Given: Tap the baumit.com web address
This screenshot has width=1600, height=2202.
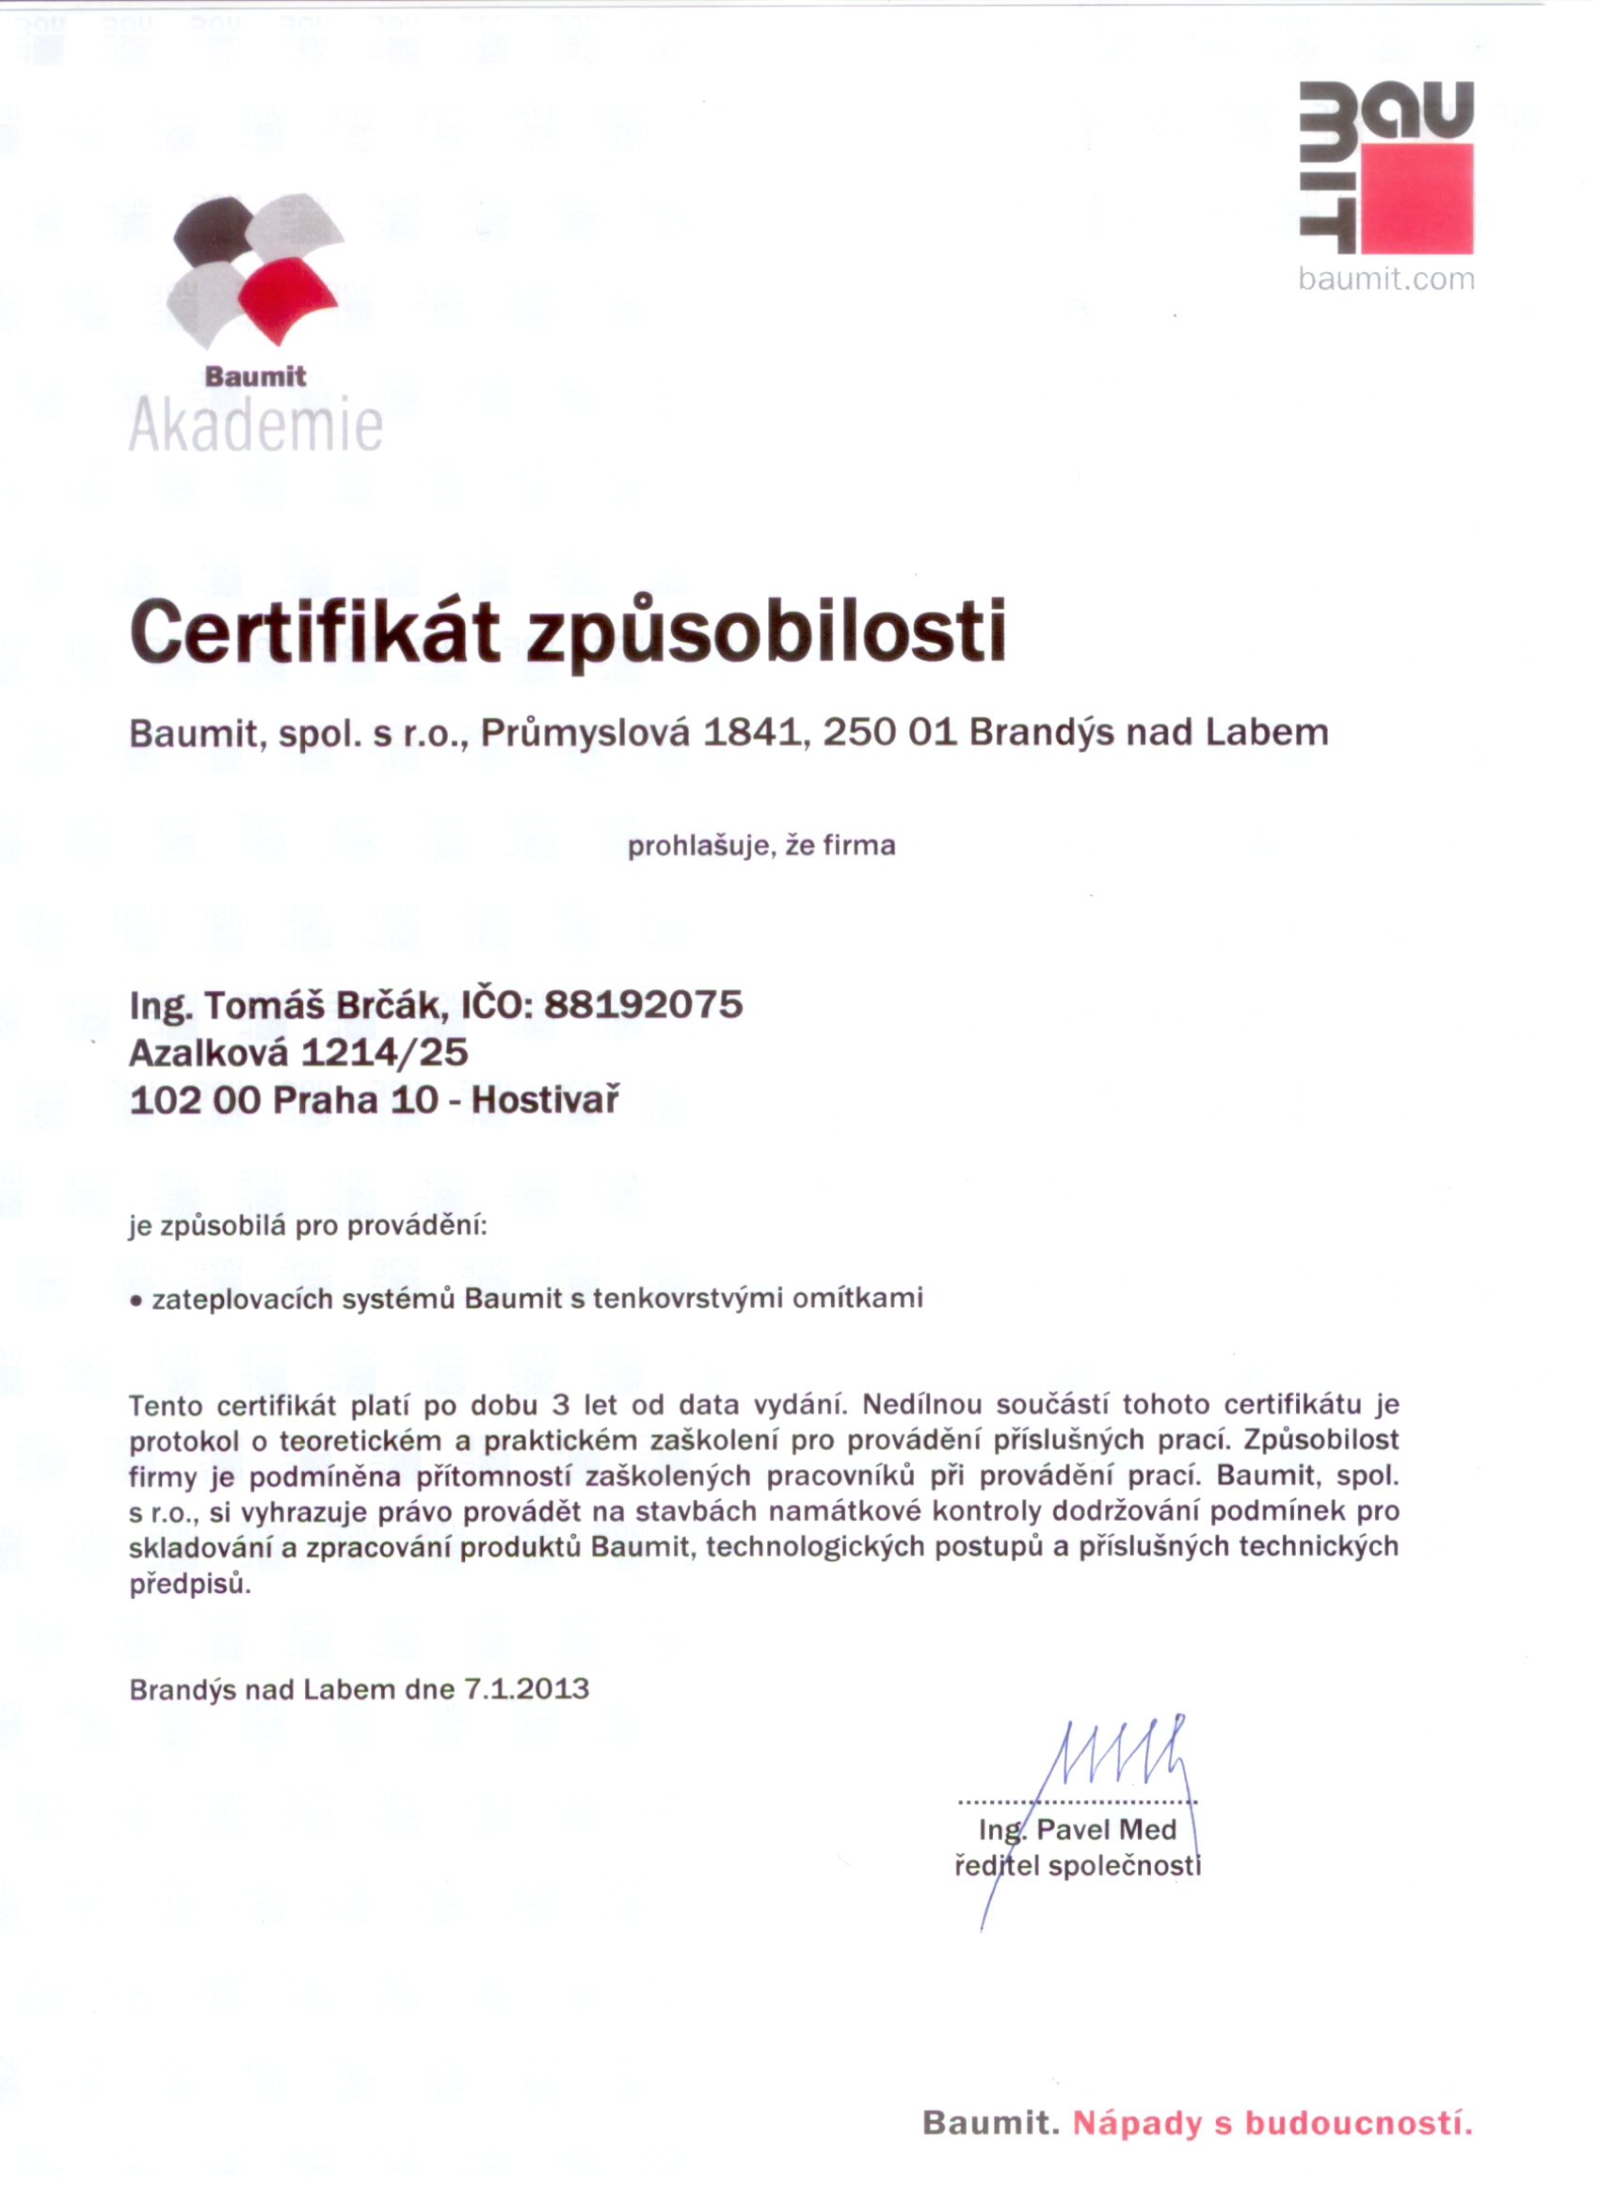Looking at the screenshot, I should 1385,279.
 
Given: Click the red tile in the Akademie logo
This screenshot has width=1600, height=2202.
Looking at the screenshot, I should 287,299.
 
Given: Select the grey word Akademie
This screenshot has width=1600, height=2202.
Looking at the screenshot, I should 255,426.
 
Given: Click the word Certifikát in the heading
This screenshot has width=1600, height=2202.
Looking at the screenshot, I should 314,631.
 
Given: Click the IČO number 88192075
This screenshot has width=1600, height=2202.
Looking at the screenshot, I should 643,1004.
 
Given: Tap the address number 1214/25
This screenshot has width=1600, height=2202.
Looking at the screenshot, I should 384,1052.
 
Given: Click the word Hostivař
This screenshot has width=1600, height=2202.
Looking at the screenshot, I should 546,1100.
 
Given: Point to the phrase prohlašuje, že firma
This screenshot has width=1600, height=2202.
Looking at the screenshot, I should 761,846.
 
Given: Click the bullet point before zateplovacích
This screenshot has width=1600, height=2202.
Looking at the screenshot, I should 136,1301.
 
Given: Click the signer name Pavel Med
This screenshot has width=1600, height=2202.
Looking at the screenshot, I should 1106,1830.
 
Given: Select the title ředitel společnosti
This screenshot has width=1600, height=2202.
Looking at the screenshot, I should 1078,1865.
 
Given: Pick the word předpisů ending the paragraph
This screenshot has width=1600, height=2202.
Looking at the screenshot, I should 190,1584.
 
